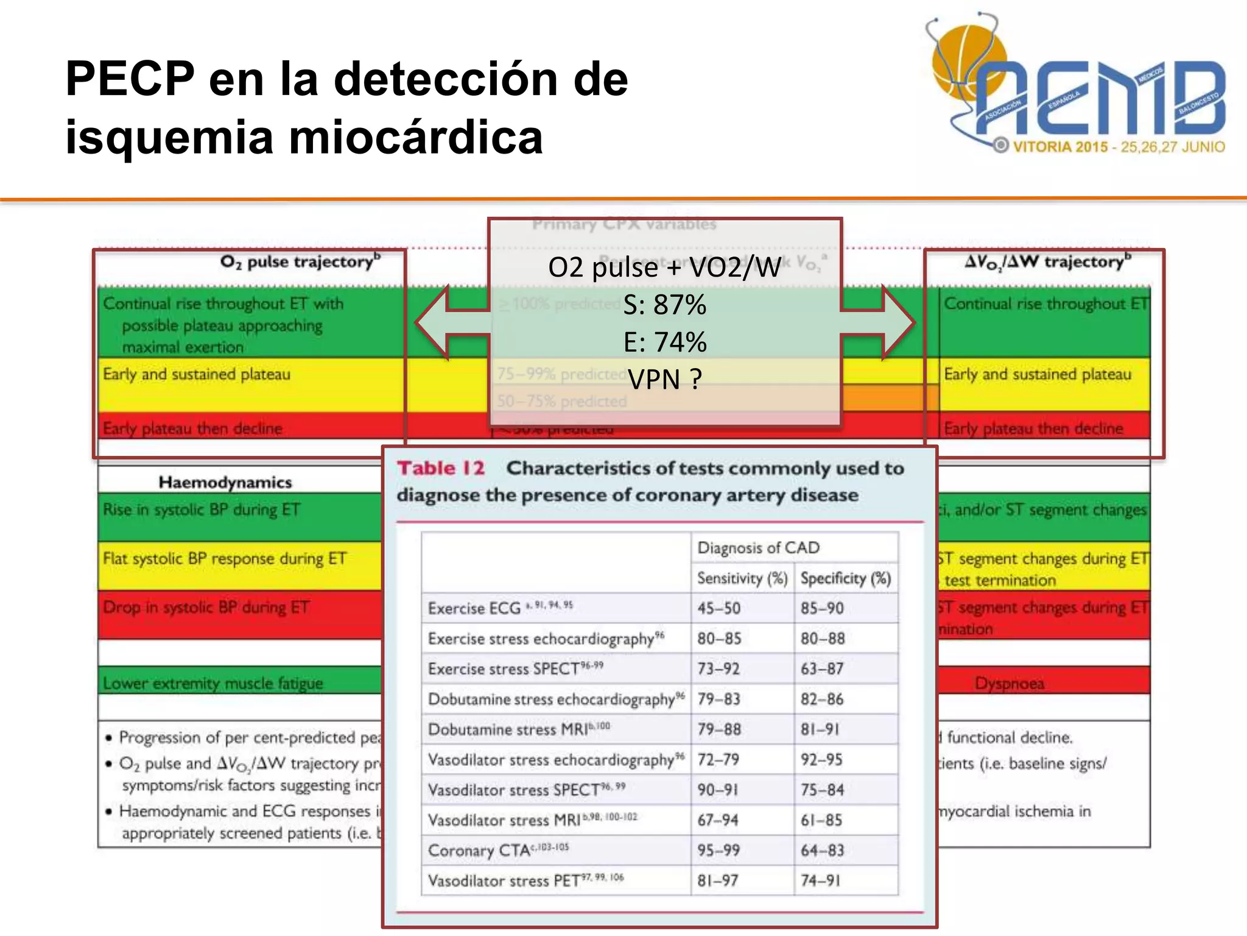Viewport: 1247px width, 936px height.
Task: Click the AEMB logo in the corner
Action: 1078,85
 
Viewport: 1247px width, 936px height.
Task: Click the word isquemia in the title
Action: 169,136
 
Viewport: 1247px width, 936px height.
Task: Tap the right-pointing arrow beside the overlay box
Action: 879,322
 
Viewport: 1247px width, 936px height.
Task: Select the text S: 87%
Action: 665,304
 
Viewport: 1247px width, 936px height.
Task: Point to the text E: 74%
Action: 665,342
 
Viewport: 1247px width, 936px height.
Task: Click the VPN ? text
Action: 665,379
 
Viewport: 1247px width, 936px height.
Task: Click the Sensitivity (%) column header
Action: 742,578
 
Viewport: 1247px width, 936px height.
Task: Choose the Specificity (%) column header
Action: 845,578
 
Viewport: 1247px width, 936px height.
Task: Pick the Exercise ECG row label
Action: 474,608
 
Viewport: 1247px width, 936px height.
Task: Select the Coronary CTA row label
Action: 479,850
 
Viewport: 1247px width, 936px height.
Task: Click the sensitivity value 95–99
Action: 718,850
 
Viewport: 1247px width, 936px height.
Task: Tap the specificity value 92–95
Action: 821,759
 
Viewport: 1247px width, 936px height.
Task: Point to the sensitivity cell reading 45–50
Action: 718,608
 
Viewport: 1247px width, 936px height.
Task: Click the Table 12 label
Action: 441,468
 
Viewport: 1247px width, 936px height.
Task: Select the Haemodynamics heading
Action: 225,482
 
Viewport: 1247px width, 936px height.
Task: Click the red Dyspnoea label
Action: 1010,683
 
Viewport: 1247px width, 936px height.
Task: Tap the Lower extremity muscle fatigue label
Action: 213,683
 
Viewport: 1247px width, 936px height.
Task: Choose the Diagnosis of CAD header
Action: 758,547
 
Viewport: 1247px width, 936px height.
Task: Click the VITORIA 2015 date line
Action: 1118,147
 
